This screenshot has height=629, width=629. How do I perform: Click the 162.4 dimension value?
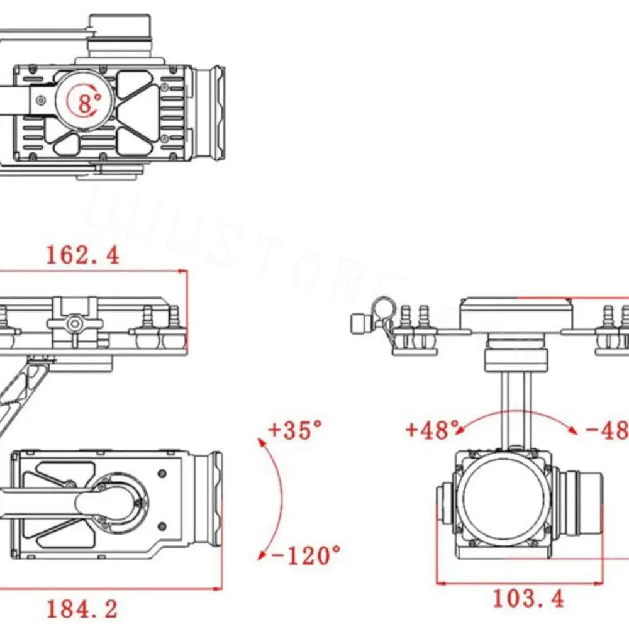click(82, 255)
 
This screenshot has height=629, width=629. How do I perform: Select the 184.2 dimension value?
click(82, 608)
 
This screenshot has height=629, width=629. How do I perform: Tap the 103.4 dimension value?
click(528, 598)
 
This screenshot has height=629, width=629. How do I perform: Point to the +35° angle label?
click(295, 430)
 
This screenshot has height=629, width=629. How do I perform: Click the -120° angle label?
click(306, 555)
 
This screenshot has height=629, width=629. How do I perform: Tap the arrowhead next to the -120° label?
click(262, 555)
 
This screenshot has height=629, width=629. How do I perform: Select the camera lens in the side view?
click(208, 498)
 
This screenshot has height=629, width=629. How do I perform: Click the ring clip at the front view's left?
click(381, 308)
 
